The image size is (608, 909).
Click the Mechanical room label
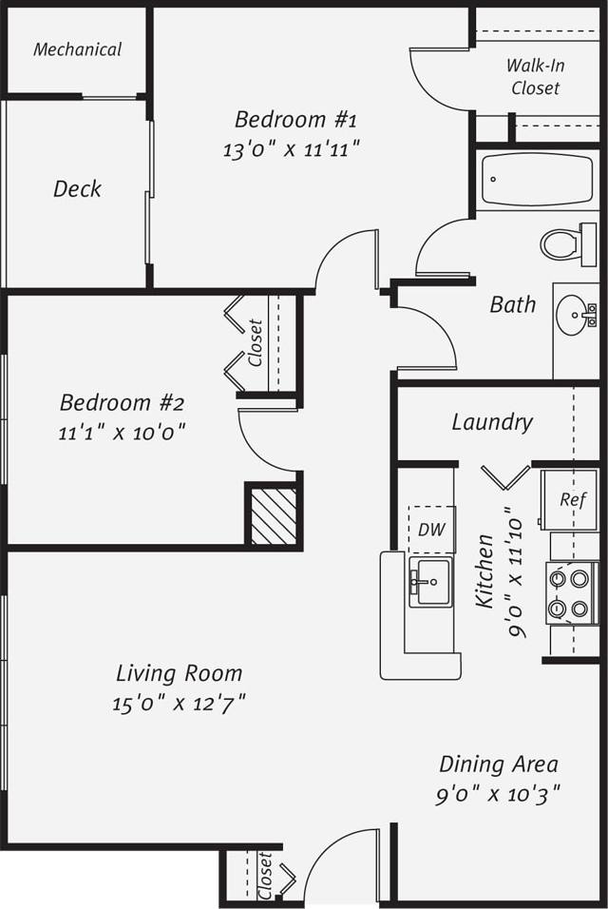click(77, 49)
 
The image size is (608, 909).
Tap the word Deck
click(77, 188)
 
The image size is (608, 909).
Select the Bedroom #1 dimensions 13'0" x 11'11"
click(292, 149)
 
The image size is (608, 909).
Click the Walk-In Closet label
click(535, 77)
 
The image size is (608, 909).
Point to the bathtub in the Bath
click(537, 180)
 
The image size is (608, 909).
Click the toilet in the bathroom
click(567, 243)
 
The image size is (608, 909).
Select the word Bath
click(512, 304)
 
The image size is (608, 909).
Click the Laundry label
click(491, 421)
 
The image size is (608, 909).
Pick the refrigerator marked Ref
click(568, 499)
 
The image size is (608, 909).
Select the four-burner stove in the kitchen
click(569, 593)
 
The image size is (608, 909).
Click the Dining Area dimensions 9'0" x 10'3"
click(498, 794)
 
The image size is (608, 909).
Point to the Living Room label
click(179, 673)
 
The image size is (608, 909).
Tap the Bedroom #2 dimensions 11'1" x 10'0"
click(121, 432)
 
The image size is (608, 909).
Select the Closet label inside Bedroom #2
click(255, 342)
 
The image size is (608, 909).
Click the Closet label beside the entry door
click(265, 874)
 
